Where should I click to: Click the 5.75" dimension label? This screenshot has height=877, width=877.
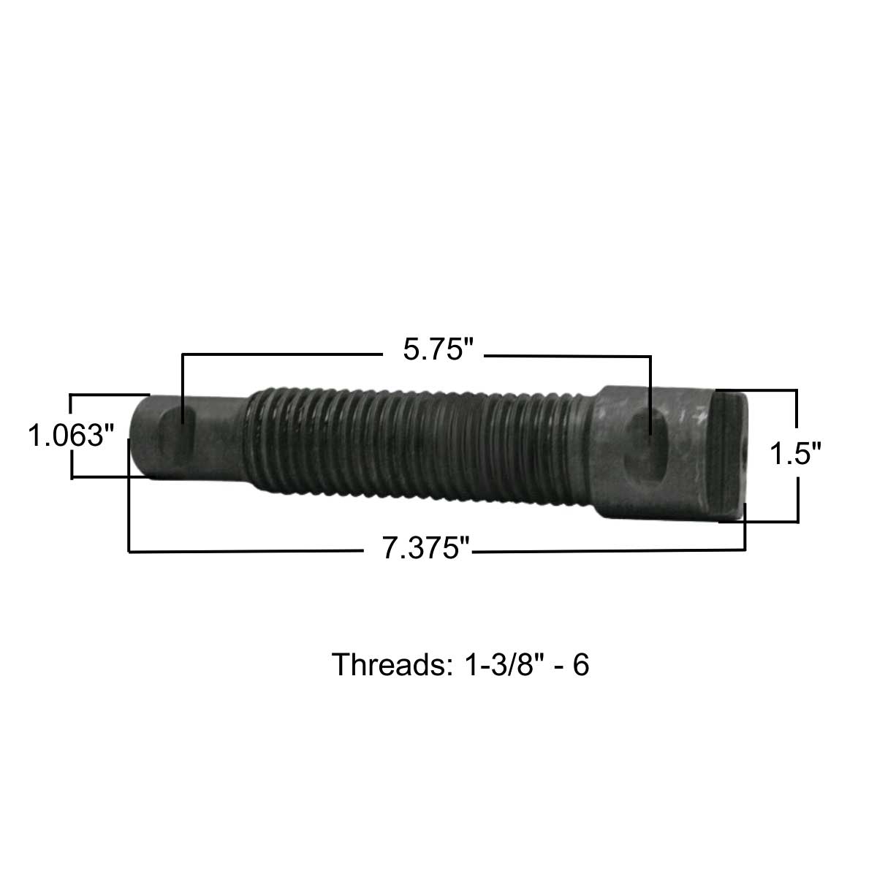[435, 349]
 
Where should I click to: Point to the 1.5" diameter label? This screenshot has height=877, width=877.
[796, 455]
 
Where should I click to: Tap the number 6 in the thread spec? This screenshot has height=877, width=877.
[581, 665]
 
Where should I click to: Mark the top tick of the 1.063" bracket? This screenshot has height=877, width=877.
[110, 395]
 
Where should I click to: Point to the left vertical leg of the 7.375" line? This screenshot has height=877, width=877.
[129, 497]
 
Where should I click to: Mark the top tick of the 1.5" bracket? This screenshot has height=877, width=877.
[756, 391]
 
